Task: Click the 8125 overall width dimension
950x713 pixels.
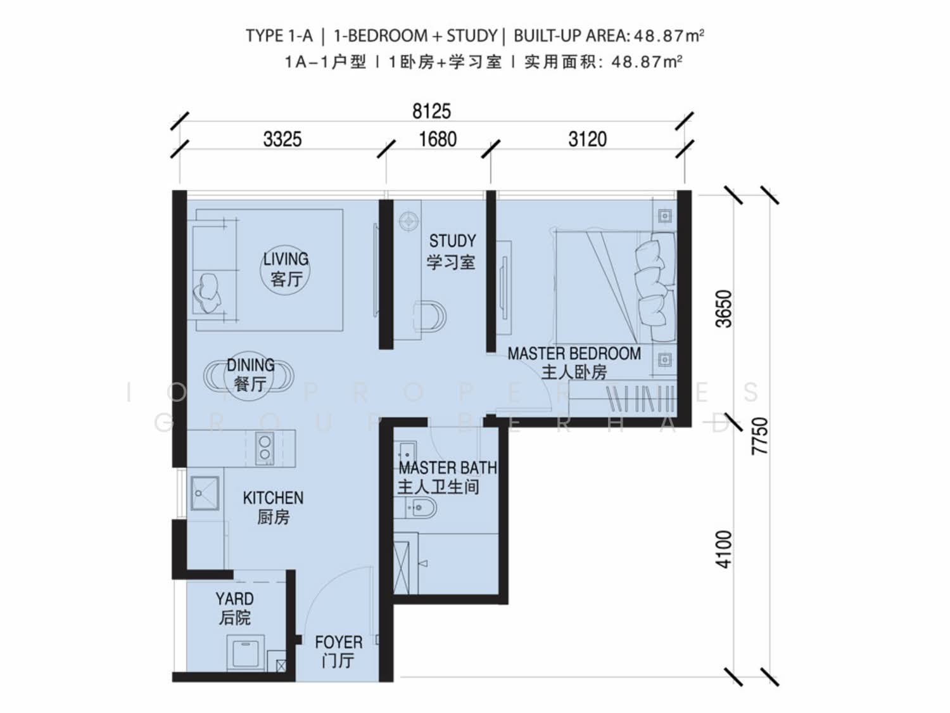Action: coord(431,112)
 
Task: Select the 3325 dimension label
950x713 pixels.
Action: coord(282,139)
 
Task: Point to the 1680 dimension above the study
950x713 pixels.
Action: coord(438,139)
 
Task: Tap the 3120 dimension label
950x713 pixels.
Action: coord(587,139)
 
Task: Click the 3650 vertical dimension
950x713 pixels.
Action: coord(724,308)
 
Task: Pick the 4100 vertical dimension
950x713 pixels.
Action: coord(724,549)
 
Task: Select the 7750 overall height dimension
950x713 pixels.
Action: coord(760,435)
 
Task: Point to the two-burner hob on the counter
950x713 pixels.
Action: coord(265,448)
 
